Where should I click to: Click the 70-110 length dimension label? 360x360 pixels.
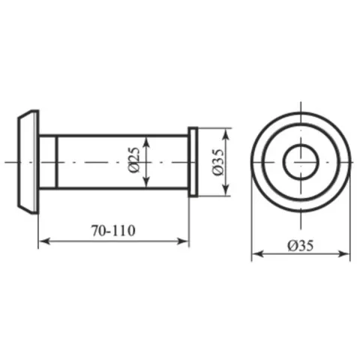tap(113, 230)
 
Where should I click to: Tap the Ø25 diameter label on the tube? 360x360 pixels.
tap(133, 160)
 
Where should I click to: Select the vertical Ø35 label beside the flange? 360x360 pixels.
tap(217, 162)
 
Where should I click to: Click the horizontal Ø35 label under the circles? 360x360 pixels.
tap(301, 245)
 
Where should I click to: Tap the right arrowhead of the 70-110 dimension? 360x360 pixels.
tap(182, 241)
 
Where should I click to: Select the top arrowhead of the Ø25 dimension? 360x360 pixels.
tap(147, 142)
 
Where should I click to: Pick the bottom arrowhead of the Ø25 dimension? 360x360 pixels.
tap(147, 181)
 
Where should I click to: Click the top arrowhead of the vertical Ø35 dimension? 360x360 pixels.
tap(226, 134)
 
